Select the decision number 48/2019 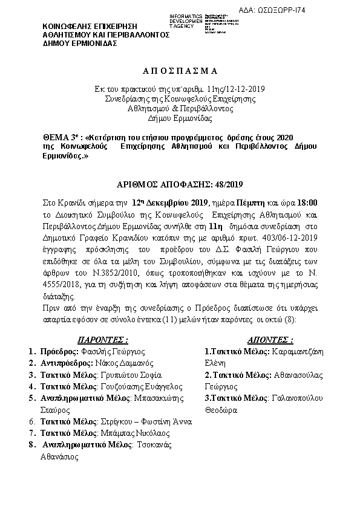point(227,186)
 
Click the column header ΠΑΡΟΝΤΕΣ point(102,340)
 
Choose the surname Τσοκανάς point(154,445)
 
